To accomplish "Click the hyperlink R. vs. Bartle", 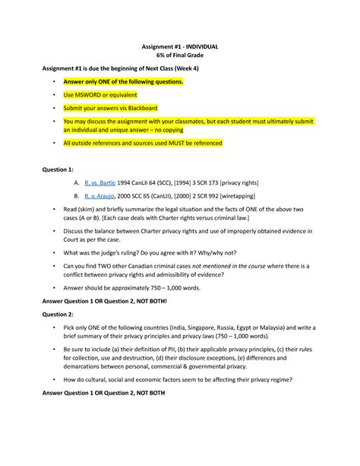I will click(x=101, y=183).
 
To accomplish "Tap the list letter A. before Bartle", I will click(x=76, y=183).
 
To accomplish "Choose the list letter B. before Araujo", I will click(x=76, y=195).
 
